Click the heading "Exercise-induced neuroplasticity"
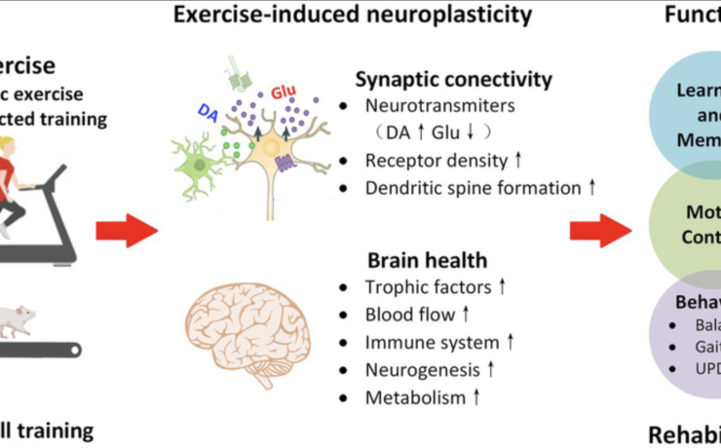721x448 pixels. pos(353,15)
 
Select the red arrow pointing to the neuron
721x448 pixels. pos(127,231)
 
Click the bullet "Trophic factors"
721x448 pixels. pos(421,287)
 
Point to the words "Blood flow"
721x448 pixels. pos(409,315)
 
